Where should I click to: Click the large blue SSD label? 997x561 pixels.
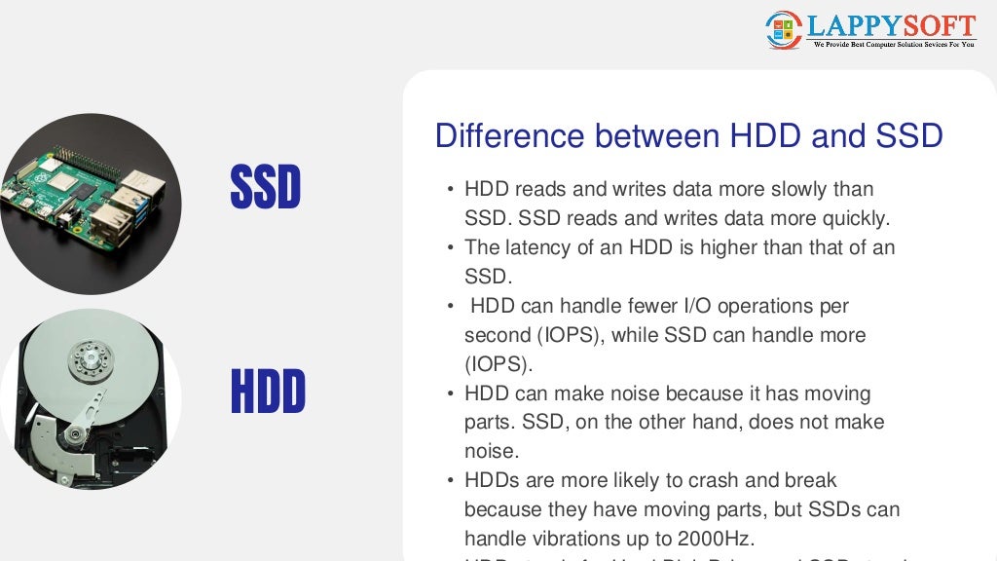(265, 187)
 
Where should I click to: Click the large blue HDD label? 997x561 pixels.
(268, 392)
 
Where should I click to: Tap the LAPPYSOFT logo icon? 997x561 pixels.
(783, 29)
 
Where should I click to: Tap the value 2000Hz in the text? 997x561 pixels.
(717, 538)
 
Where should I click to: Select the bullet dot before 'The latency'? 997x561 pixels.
(450, 248)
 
